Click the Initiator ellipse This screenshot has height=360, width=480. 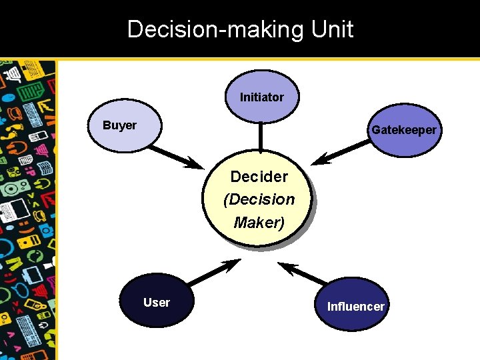pos(262,97)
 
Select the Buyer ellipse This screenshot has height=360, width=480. pos(125,125)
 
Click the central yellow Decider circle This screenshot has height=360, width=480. pos(259,199)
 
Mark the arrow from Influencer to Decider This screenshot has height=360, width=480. pos(303,273)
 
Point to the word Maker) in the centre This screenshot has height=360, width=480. pos(259,223)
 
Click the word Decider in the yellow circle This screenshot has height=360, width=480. pos(259,177)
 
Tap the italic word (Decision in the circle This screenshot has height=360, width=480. pos(259,199)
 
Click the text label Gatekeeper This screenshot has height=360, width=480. pos(404,130)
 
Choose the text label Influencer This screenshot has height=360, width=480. pos(355,307)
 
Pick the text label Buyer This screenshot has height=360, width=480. pos(119,125)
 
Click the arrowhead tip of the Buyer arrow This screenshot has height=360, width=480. pos(203,167)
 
